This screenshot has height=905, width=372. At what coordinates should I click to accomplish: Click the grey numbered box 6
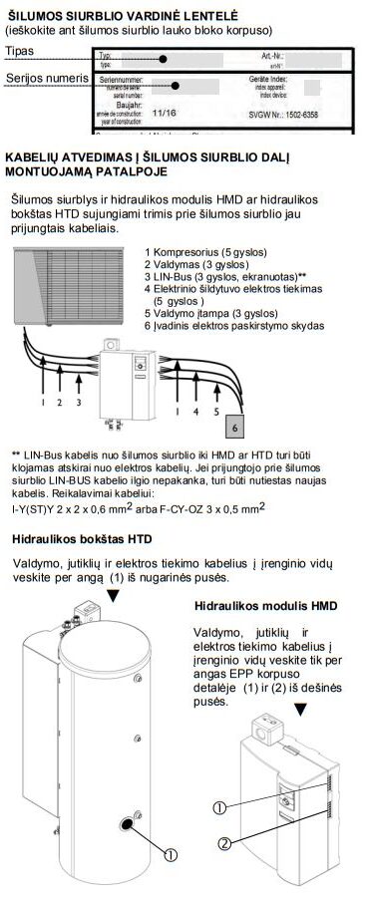point(235,425)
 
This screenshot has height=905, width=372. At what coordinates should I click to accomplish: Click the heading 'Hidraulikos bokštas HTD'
point(82,539)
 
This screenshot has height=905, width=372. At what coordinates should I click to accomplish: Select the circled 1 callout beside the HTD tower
point(170,854)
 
